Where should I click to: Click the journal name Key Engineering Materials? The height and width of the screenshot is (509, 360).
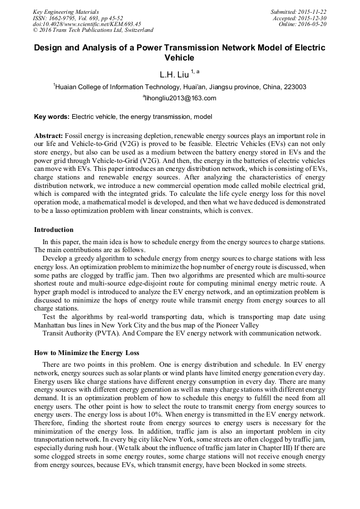[x=66, y=12]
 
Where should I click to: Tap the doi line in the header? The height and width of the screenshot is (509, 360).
[x=87, y=24]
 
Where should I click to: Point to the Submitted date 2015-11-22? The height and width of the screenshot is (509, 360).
[x=312, y=12]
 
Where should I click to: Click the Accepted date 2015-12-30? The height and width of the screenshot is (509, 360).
[x=313, y=18]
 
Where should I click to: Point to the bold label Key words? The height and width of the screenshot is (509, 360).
[x=52, y=116]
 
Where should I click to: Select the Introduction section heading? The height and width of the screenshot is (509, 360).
[x=54, y=229]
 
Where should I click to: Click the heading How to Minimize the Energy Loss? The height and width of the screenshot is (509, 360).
[x=87, y=352]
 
